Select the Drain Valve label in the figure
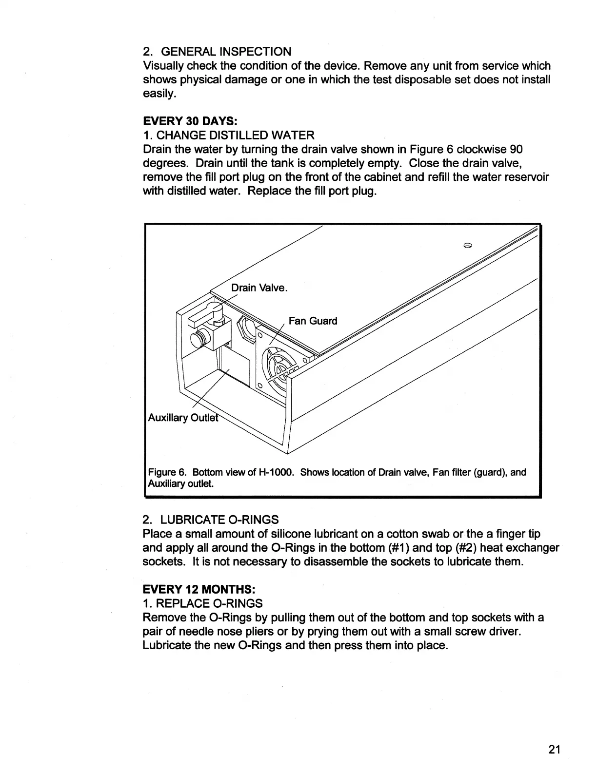click(x=259, y=288)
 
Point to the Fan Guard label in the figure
click(x=313, y=321)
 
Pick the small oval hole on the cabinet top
click(x=467, y=246)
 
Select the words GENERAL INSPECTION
click(x=226, y=52)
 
